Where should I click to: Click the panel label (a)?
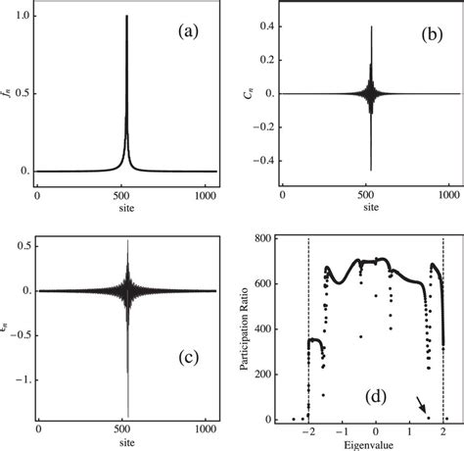[x=187, y=31]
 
